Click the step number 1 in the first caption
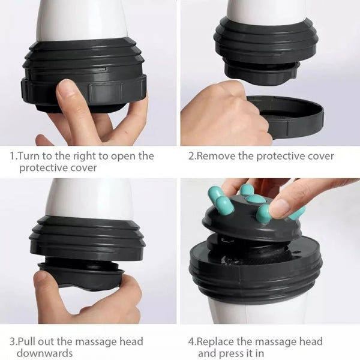[x=12, y=156]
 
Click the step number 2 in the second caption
[x=192, y=156]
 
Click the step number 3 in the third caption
[x=12, y=342]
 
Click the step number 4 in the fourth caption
[x=192, y=342]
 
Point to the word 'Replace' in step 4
[x=220, y=342]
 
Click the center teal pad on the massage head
[x=256, y=199]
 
